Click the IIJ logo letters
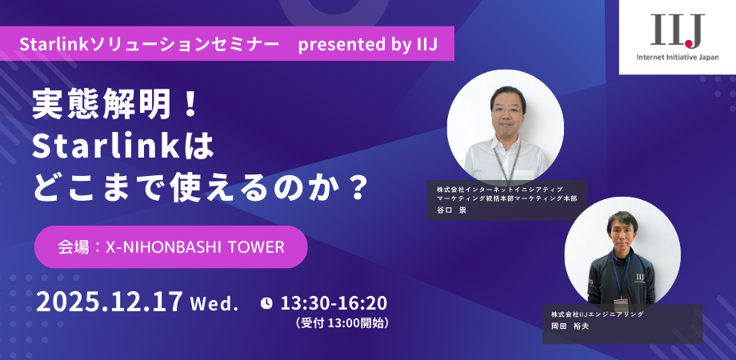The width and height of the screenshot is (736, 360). coord(678,31)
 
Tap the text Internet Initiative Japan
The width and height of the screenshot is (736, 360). coord(678,58)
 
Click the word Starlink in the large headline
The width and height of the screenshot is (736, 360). coord(106,147)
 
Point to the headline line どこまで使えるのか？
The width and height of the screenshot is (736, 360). coord(199,188)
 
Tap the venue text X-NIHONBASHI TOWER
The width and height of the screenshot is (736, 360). coord(195,247)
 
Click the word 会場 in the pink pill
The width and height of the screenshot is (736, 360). coord(74,247)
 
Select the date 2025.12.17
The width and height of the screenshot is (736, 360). coord(110,302)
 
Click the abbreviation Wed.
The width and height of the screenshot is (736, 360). coord(215,305)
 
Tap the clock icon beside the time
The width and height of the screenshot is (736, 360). coord(266,303)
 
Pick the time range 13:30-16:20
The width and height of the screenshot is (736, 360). coord(334,303)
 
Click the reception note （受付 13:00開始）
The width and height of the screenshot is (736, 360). coord(342,323)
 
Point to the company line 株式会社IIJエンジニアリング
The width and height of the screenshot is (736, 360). coord(597,314)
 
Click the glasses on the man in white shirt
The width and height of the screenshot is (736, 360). coord(507,110)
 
